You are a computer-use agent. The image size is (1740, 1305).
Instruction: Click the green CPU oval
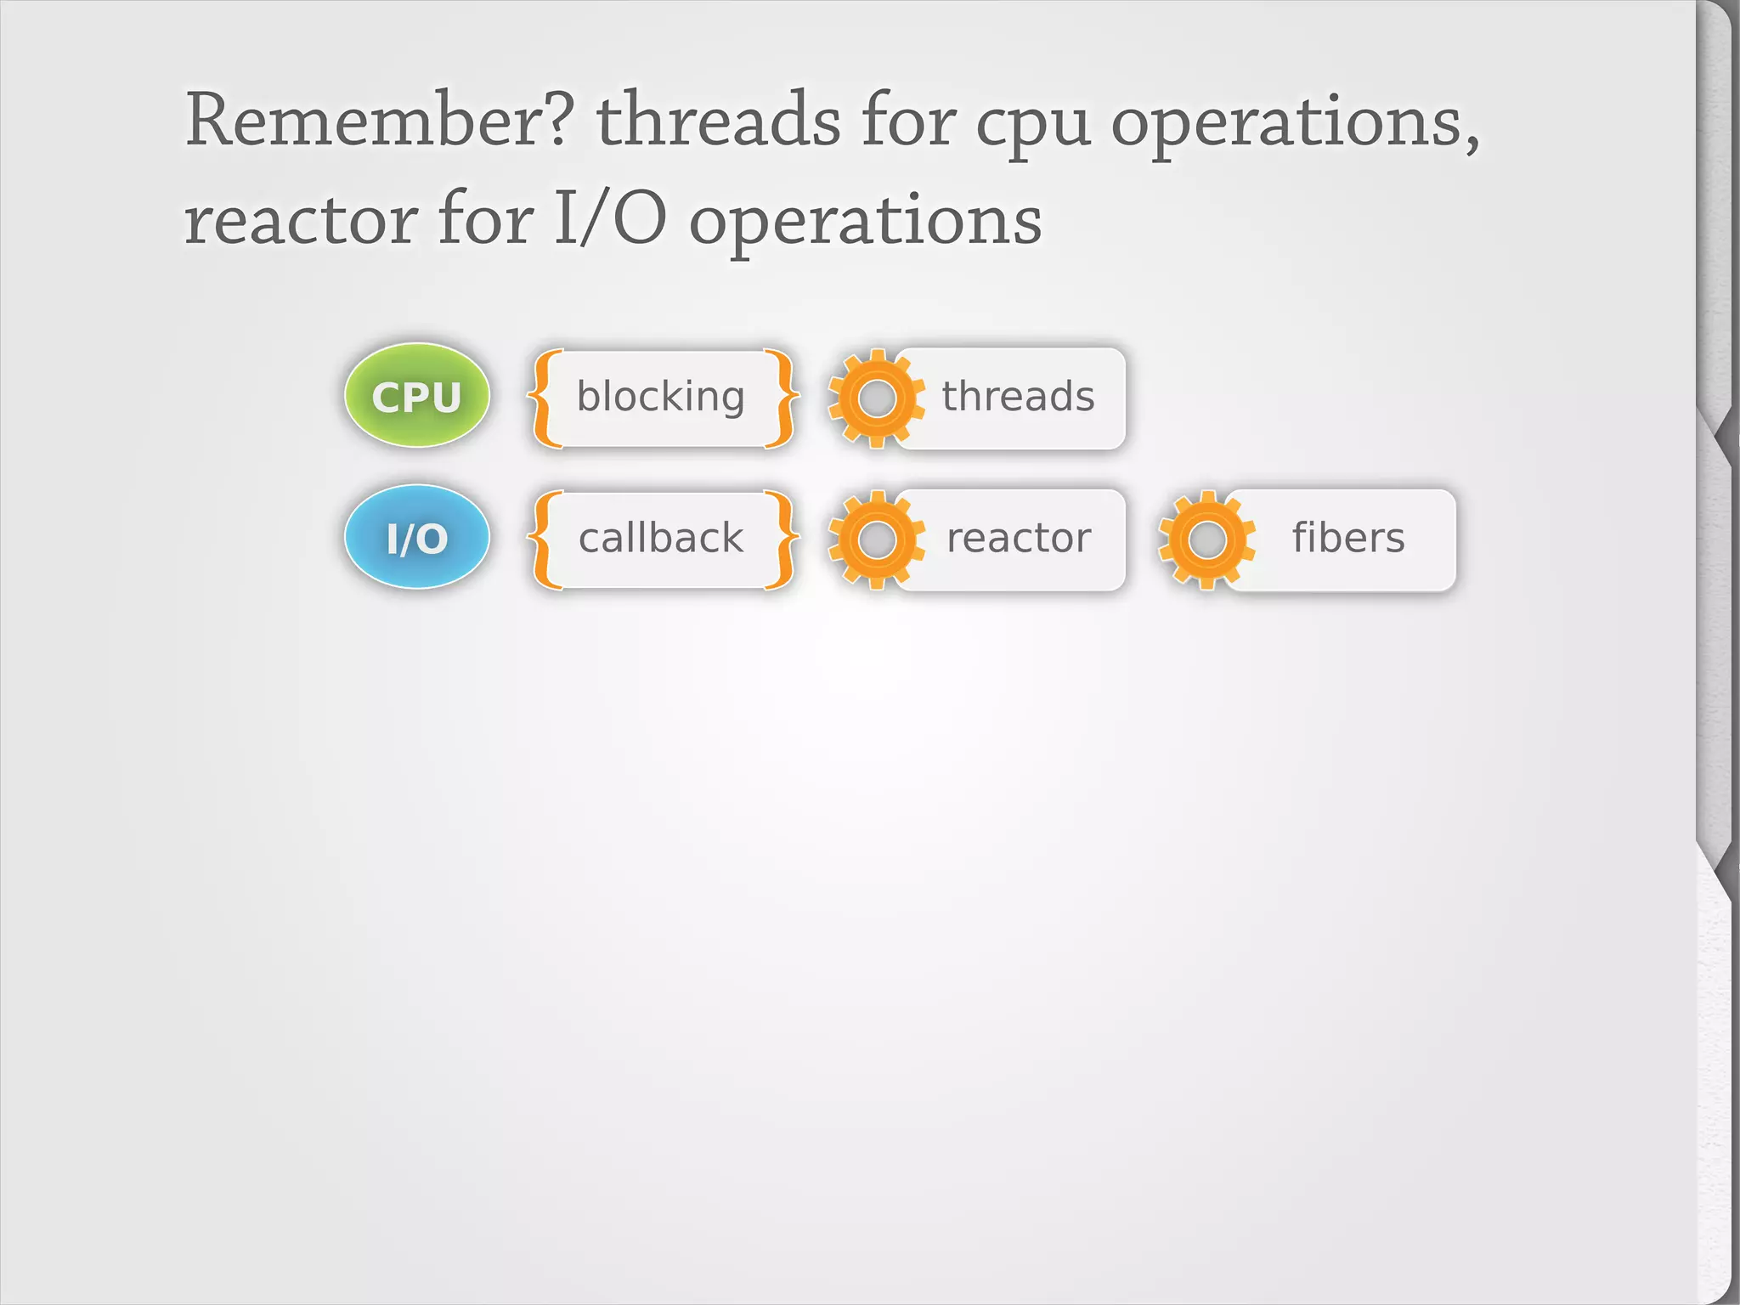(416, 396)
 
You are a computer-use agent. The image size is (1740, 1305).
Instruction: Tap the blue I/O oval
(416, 537)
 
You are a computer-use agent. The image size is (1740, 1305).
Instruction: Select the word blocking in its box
(661, 397)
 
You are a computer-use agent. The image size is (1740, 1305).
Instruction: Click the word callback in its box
(661, 538)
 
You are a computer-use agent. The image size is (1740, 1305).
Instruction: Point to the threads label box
(1018, 397)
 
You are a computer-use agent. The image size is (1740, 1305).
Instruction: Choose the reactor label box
(1018, 538)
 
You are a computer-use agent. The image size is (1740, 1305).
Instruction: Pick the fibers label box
(1348, 538)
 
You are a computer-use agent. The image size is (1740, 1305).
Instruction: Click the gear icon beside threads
(876, 398)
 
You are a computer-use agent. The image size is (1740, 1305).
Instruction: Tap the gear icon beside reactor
(876, 540)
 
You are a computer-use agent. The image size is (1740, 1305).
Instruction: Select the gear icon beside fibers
(1206, 540)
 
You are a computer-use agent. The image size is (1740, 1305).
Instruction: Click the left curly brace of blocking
(544, 398)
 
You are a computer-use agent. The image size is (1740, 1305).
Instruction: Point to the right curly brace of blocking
(782, 398)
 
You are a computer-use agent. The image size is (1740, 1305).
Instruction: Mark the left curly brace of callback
(544, 540)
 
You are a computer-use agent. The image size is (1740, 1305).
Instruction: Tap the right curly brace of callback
(782, 540)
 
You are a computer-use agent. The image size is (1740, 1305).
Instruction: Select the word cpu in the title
(1032, 126)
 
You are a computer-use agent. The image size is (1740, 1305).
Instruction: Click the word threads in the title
(718, 121)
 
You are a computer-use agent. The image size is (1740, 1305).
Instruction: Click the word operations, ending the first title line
(1295, 126)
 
